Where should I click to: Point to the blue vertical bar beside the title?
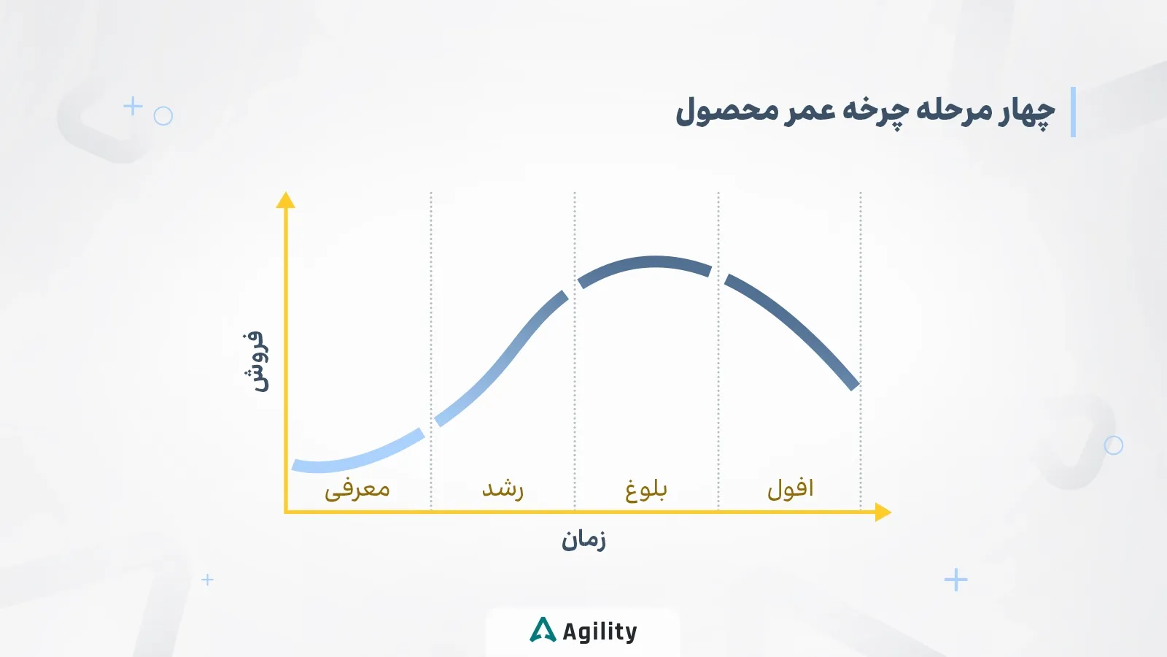(1073, 112)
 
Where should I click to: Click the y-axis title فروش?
(256, 361)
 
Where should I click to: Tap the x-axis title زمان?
(583, 540)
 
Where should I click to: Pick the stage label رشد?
(503, 488)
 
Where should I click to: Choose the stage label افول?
(790, 488)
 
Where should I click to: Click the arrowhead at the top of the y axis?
(286, 200)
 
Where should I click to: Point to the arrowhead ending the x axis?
(883, 512)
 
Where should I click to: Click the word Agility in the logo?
(600, 631)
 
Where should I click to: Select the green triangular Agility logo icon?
(543, 630)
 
